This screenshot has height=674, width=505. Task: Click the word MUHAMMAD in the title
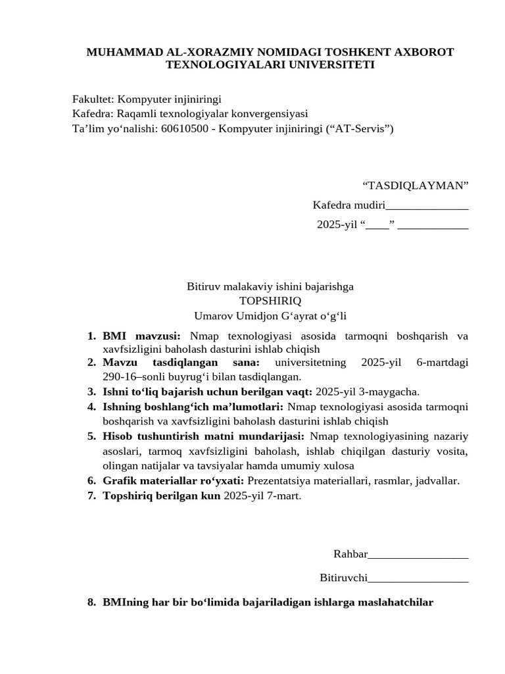click(x=121, y=52)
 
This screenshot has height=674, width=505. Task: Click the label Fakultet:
click(x=93, y=99)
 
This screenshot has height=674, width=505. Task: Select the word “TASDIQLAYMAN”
click(x=416, y=186)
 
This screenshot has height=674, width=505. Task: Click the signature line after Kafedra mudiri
click(x=427, y=206)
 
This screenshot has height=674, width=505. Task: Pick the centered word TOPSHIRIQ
click(x=270, y=301)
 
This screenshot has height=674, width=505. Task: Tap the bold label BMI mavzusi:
click(x=141, y=336)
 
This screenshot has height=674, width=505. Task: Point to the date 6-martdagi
click(x=443, y=363)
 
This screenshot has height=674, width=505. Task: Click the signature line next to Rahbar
click(x=418, y=554)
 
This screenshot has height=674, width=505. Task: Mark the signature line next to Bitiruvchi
click(x=418, y=579)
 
